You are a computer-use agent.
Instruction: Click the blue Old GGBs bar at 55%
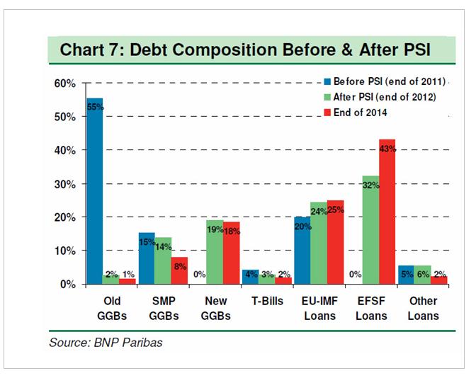[94, 191]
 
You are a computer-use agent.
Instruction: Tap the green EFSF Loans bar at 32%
[370, 230]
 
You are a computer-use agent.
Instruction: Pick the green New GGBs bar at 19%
[214, 252]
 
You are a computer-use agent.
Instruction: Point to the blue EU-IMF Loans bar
[302, 251]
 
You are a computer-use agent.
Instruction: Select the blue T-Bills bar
[250, 277]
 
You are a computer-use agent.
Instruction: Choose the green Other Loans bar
[423, 275]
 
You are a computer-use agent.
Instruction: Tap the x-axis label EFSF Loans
[370, 309]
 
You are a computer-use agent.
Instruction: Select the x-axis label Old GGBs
[110, 309]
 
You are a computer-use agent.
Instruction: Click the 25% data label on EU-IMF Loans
[336, 210]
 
